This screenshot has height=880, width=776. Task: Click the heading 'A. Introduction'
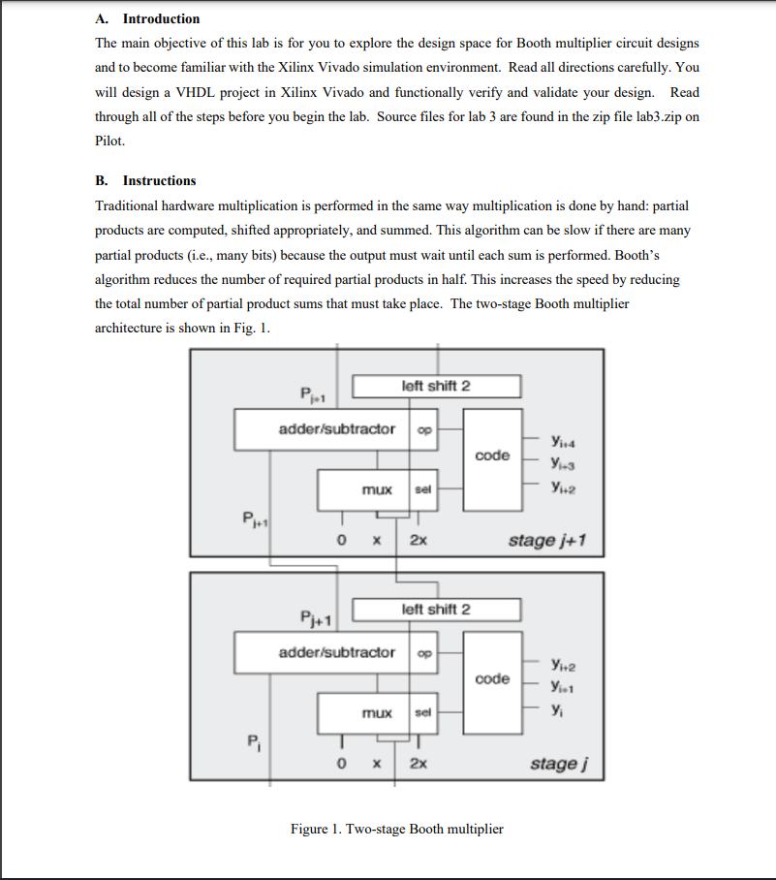(147, 18)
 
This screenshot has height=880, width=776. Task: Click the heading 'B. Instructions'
(145, 180)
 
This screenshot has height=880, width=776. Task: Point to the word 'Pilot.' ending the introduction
(109, 141)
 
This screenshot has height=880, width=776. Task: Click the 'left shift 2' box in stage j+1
(436, 386)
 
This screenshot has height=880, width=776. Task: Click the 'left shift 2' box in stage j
(436, 610)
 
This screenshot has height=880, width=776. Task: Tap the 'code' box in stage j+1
(492, 456)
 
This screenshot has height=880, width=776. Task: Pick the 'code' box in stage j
(492, 678)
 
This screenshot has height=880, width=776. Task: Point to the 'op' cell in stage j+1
(424, 428)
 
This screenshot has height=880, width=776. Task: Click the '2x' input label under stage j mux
(418, 764)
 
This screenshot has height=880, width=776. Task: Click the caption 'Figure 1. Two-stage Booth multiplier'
(396, 829)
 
